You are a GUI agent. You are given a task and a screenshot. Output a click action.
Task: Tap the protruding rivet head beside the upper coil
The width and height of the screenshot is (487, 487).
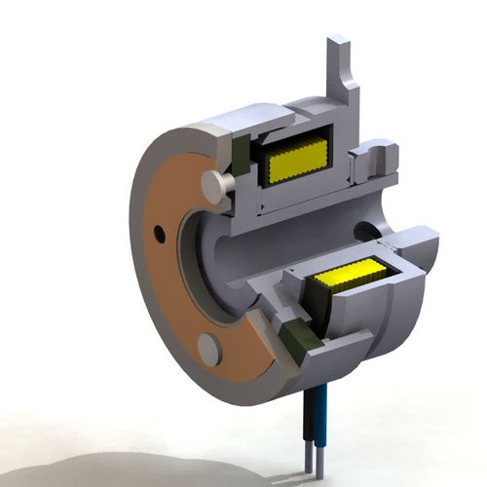tap(218, 182)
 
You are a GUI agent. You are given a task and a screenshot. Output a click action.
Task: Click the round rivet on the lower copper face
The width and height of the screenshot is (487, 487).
tap(208, 349)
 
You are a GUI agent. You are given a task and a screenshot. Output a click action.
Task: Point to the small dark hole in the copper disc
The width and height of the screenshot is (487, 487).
tap(158, 232)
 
